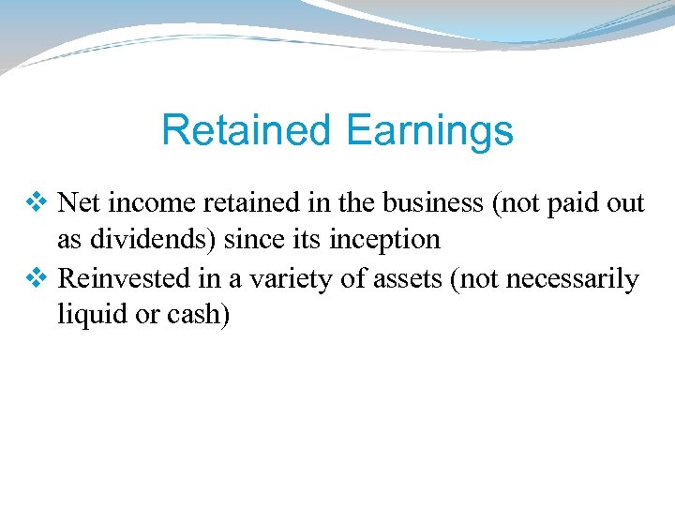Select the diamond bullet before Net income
(38, 201)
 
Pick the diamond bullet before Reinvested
(38, 278)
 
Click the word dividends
(140, 240)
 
